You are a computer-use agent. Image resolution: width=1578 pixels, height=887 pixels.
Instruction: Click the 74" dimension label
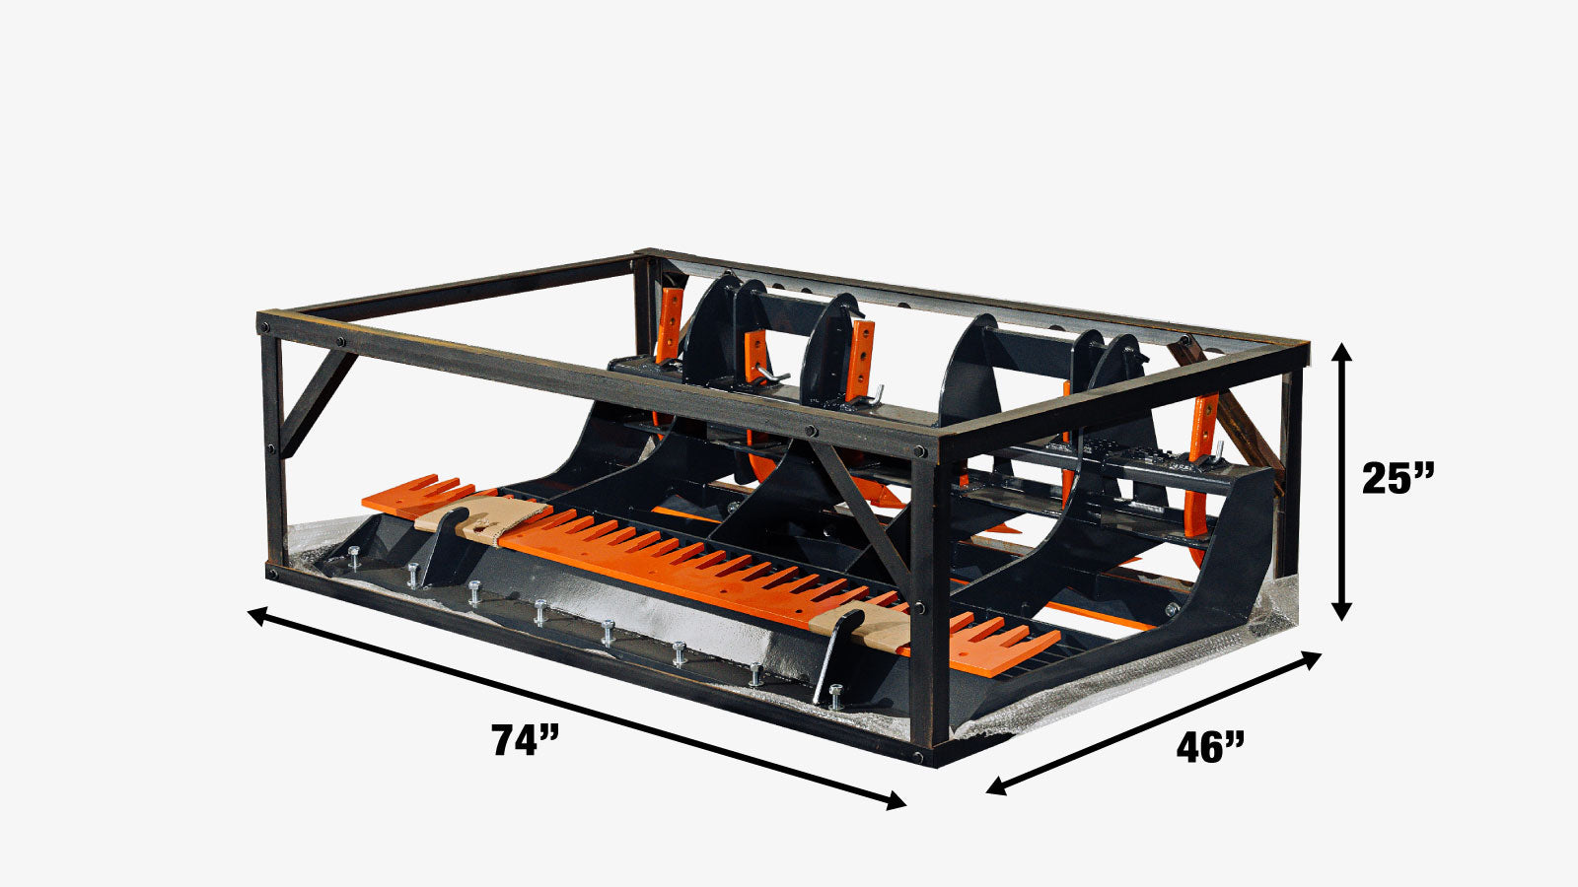pyautogui.click(x=526, y=740)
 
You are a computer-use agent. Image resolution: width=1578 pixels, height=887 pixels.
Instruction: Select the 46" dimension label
pyautogui.click(x=1210, y=748)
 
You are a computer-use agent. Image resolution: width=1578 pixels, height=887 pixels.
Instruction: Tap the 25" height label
pyautogui.click(x=1398, y=479)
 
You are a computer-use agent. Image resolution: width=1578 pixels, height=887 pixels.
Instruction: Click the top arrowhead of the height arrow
pyautogui.click(x=1340, y=351)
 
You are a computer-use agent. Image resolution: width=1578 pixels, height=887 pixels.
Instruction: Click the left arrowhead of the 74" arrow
pyautogui.click(x=256, y=614)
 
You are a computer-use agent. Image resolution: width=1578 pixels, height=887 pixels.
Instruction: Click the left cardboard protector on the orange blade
pyautogui.click(x=483, y=517)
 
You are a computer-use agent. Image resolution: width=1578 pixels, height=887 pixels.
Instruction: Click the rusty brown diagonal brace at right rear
pyautogui.click(x=1223, y=404)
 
